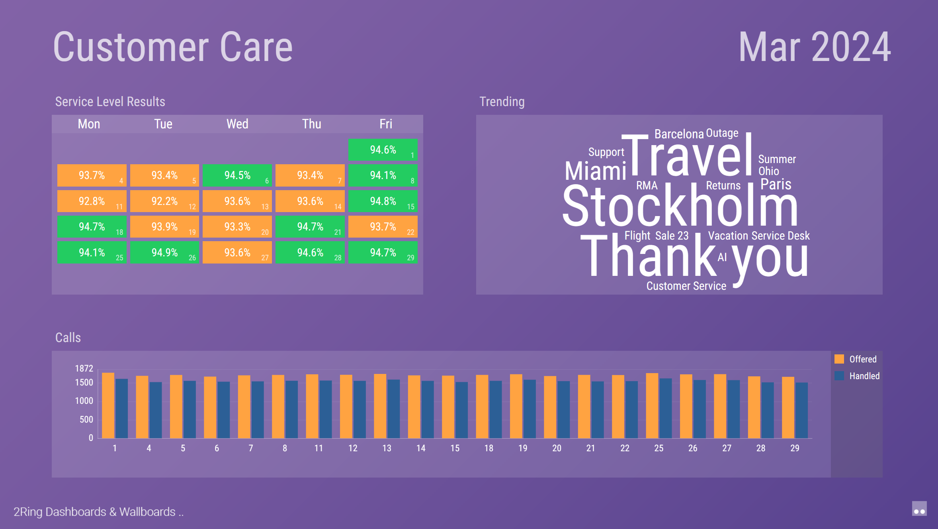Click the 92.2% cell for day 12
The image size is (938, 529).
click(164, 201)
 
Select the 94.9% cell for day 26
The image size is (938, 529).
click(164, 252)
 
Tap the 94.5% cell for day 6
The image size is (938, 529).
click(237, 175)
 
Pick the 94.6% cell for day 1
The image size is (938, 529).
click(383, 150)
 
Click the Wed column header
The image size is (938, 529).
click(237, 124)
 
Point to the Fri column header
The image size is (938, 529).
click(386, 124)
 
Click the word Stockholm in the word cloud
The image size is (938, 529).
click(680, 206)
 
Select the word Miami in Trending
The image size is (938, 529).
click(596, 171)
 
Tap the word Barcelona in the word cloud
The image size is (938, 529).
click(679, 134)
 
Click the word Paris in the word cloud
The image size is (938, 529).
click(776, 184)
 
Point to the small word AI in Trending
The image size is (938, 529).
click(722, 258)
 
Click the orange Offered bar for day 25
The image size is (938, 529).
click(652, 406)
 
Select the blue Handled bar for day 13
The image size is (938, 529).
click(394, 409)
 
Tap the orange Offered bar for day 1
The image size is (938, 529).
click(108, 405)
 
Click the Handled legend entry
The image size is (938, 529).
click(857, 376)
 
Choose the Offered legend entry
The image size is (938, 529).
click(856, 359)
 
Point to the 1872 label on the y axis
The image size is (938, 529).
click(84, 368)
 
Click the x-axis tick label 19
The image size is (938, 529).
click(523, 448)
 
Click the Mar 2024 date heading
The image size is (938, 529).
click(815, 47)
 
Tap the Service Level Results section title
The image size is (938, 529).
click(110, 102)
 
